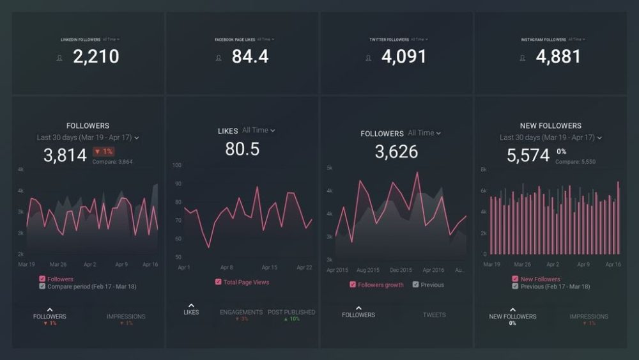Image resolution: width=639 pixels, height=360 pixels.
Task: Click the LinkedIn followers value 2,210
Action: click(x=96, y=57)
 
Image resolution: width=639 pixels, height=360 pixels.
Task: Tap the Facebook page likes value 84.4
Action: click(x=250, y=57)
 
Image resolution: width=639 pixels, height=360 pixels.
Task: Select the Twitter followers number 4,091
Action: click(x=404, y=57)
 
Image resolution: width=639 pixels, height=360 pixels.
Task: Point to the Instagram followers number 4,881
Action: click(x=558, y=57)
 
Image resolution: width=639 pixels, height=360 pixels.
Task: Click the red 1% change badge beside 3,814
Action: click(x=104, y=152)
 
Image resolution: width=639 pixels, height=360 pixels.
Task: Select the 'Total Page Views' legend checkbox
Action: click(x=219, y=282)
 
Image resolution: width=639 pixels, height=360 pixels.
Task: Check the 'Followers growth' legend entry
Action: click(x=353, y=285)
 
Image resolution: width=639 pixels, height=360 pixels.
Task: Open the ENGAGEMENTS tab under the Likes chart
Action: click(x=241, y=313)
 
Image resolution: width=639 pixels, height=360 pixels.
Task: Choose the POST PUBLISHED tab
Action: click(x=291, y=313)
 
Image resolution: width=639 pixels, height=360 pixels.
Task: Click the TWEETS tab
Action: click(x=434, y=315)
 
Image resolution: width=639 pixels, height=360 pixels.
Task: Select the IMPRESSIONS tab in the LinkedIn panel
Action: click(x=126, y=317)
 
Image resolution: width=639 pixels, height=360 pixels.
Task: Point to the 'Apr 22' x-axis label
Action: click(x=304, y=267)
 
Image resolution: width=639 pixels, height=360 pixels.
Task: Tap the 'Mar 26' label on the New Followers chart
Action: click(x=522, y=264)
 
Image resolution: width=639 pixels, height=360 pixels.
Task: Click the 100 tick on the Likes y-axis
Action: click(x=177, y=165)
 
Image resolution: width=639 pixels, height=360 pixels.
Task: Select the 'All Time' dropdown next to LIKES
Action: click(x=259, y=130)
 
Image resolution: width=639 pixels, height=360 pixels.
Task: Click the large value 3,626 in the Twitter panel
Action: click(x=396, y=152)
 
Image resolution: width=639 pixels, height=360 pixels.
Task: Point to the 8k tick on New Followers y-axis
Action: click(x=484, y=169)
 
